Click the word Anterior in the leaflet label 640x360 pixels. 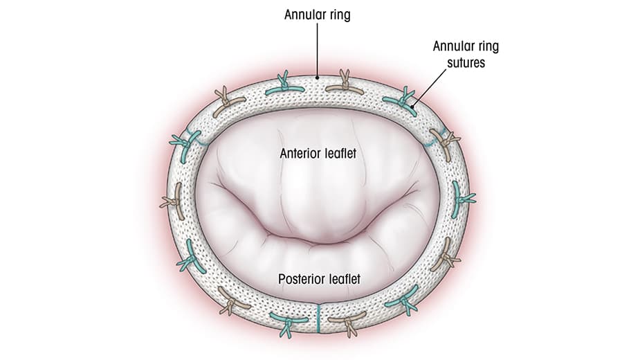299,153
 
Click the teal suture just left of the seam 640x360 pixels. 285,321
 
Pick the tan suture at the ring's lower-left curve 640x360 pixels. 230,298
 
